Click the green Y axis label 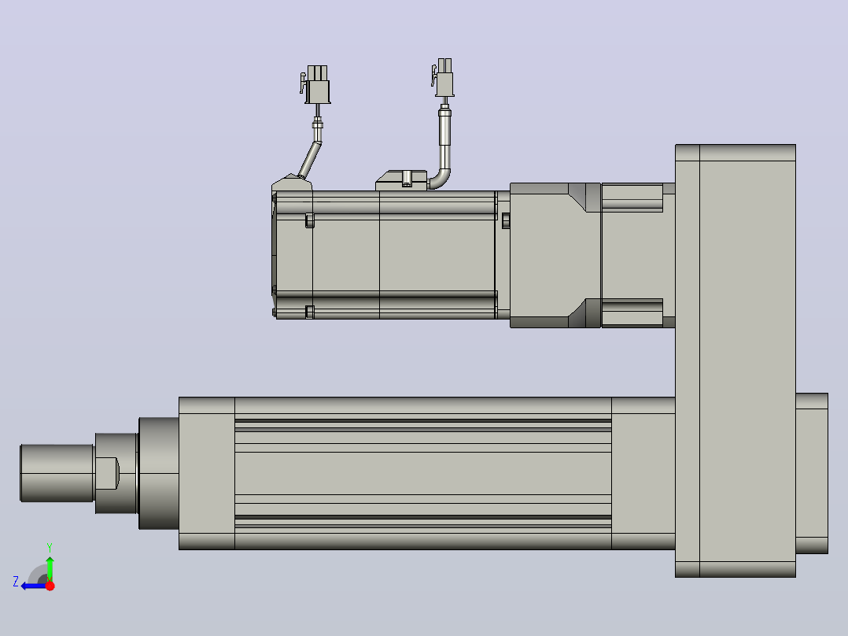50,547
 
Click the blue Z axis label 16,582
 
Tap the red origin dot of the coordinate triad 50,586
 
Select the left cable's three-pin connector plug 316,84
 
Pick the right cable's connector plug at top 443,77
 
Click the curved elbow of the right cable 441,179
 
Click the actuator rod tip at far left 57,473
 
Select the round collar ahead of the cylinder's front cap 159,473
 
